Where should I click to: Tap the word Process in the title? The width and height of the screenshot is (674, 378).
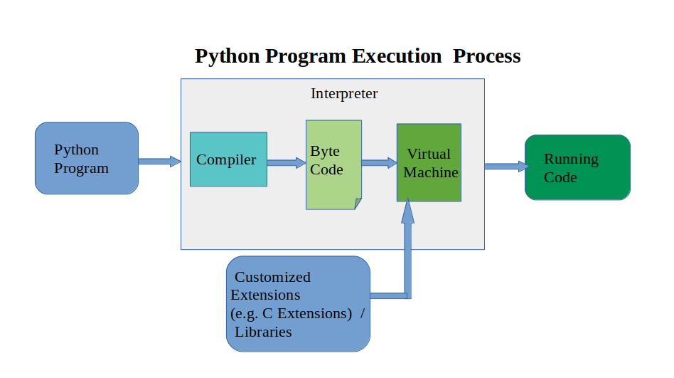click(487, 56)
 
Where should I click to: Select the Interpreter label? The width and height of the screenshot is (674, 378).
click(344, 94)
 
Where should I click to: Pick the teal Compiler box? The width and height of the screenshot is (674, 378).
click(228, 159)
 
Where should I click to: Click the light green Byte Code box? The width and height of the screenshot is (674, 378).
click(333, 164)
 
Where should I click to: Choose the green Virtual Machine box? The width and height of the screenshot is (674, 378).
click(429, 163)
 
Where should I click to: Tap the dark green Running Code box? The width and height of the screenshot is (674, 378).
click(577, 167)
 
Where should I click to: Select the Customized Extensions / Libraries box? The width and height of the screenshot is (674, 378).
click(299, 304)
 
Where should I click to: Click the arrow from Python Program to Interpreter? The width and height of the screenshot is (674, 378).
click(159, 162)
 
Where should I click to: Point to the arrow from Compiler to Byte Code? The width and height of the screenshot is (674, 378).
click(287, 163)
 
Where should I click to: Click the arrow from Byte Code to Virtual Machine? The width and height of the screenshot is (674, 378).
click(379, 163)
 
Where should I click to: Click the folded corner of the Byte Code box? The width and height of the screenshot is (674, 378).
click(358, 205)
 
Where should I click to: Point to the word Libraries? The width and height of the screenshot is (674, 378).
click(263, 332)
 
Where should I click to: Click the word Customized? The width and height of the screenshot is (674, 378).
click(272, 277)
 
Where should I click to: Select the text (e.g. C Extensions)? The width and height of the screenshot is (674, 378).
click(291, 313)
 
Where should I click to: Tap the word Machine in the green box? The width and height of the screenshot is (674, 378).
click(431, 172)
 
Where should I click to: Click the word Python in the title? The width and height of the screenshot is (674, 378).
click(228, 56)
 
